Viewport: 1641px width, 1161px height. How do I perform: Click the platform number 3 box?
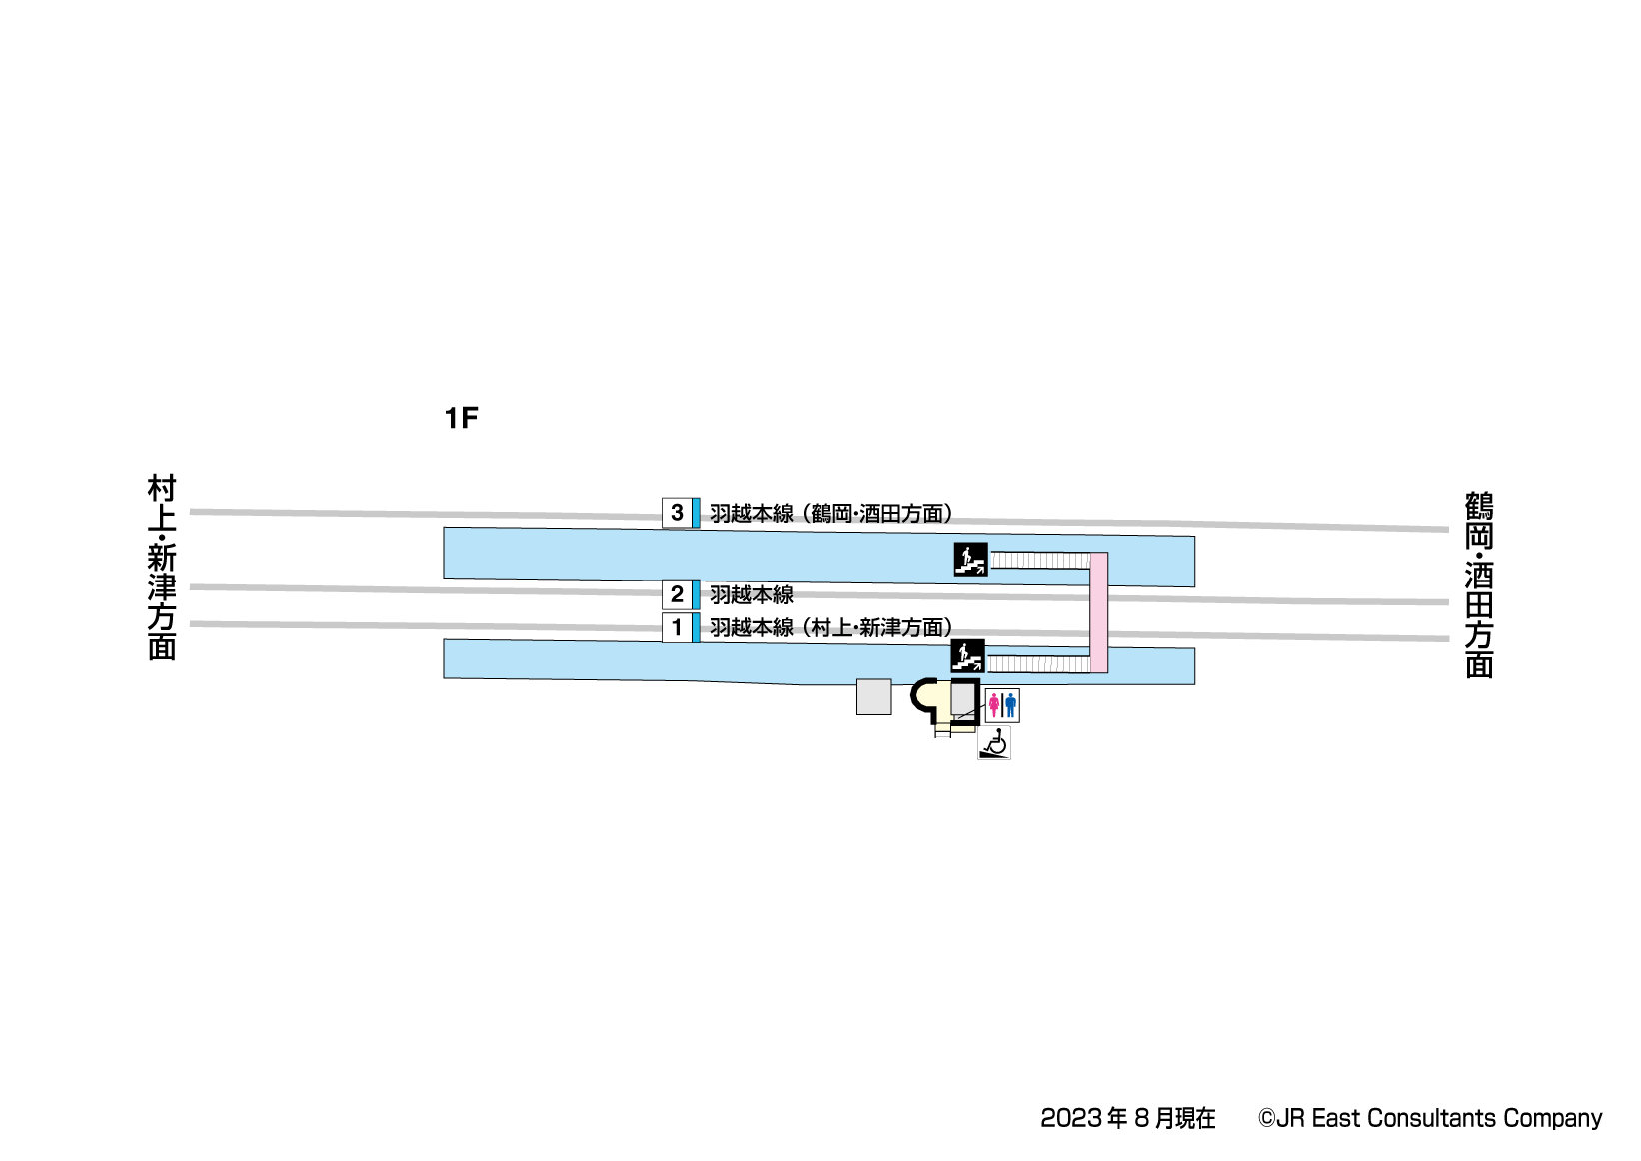(x=677, y=513)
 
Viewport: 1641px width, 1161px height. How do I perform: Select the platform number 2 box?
(x=677, y=594)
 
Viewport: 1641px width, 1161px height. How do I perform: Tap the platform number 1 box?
(x=677, y=627)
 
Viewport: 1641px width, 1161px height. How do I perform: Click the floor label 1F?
(x=461, y=418)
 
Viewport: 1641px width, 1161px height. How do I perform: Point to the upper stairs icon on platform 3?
(x=970, y=560)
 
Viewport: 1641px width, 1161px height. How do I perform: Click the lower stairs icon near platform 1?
(x=967, y=656)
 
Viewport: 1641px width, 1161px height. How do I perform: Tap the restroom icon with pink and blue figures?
(x=1002, y=705)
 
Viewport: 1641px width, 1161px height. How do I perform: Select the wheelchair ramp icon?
(x=994, y=743)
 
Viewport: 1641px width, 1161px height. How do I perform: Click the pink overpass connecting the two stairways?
(x=1098, y=611)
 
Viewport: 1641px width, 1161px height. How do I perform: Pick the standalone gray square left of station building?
(x=873, y=697)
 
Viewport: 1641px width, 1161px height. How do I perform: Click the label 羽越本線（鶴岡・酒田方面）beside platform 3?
(x=830, y=514)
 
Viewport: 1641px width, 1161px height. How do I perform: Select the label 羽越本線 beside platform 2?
(x=752, y=595)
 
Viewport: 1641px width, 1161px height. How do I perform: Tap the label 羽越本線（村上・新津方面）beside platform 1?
(x=830, y=628)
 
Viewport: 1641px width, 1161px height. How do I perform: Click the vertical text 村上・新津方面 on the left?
(x=162, y=568)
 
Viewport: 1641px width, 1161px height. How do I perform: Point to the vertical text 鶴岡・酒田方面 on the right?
(x=1479, y=584)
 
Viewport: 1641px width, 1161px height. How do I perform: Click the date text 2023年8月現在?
(x=1127, y=1119)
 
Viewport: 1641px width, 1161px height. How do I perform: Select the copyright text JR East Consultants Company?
(x=1430, y=1119)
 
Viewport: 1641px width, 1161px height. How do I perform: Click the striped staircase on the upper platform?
(x=1039, y=561)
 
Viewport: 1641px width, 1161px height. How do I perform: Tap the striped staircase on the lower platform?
(x=1037, y=664)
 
